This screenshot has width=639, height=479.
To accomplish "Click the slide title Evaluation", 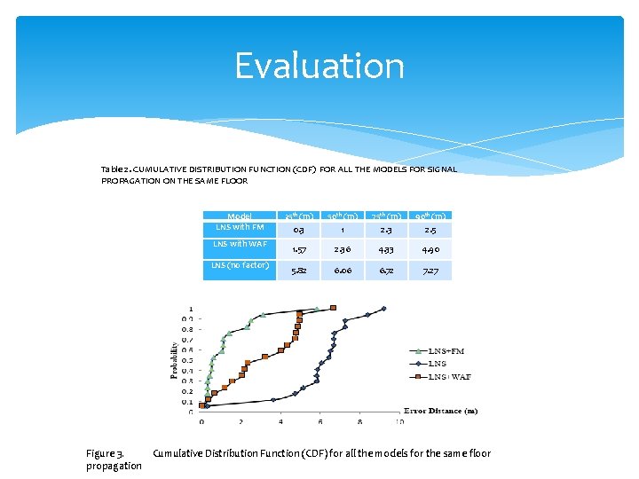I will coord(319,67).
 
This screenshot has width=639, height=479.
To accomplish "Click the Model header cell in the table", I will coord(239,216).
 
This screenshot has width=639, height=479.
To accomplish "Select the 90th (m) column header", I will coord(430,216).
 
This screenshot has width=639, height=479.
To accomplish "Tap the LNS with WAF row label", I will coord(239,244).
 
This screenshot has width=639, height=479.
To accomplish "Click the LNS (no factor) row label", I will coord(239,265).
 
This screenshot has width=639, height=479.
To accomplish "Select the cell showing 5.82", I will coord(296,271).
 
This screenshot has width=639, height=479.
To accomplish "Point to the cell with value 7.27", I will coord(430,271).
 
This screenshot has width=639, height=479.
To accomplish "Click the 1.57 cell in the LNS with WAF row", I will coord(296,249).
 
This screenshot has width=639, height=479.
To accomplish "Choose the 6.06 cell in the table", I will coord(341,271).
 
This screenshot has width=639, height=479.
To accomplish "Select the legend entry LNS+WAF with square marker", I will coord(449,376).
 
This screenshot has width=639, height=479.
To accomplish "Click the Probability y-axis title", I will coord(174,361).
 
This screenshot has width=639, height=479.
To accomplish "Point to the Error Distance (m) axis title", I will coord(440,411).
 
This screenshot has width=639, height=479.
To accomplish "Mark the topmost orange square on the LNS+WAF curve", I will coord(333,308).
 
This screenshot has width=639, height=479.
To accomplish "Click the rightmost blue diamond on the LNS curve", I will coord(384,309).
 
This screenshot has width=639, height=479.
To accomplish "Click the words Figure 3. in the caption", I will coord(105,453).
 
